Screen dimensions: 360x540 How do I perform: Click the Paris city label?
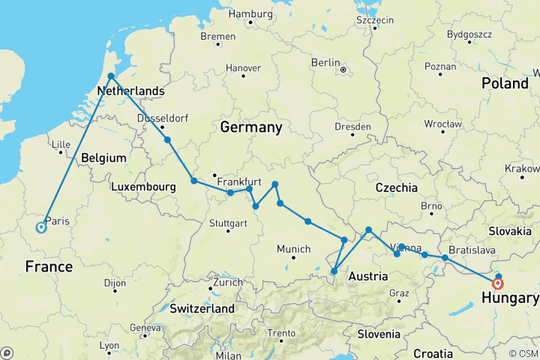coord(58,220)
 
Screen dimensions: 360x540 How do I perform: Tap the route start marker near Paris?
coord(40,229)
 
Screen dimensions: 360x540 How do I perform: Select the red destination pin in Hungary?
coord(498,283)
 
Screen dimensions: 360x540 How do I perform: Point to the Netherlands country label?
coord(131,91)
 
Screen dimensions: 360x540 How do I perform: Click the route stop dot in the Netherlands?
coord(111,76)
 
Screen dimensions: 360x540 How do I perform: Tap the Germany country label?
coord(250,127)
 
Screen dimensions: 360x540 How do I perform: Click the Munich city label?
coord(294,249)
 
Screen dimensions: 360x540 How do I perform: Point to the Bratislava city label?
coord(472,249)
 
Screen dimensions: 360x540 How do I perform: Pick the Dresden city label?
coord(352,127)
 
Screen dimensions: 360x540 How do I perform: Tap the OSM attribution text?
coord(527,353)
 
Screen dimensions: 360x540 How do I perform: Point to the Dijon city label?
coord(115,283)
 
